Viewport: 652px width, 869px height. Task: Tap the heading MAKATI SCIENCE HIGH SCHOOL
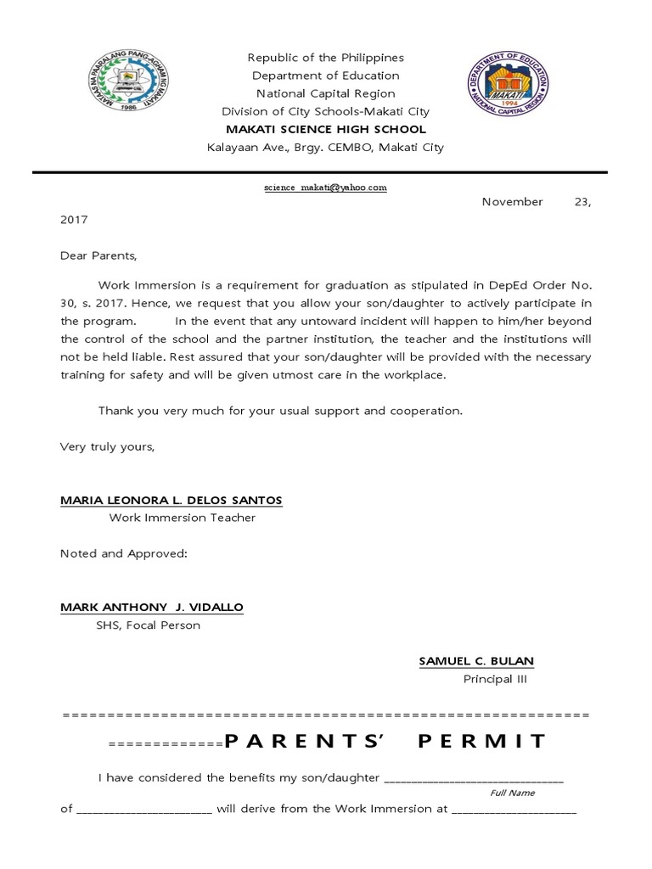[x=325, y=129]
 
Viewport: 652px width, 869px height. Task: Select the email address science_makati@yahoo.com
[x=325, y=188]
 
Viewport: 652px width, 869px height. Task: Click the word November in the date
[x=512, y=202]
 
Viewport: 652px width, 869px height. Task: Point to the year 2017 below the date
[x=74, y=219]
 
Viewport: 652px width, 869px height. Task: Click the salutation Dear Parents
[x=98, y=255]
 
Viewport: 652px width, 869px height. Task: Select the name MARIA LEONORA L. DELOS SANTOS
[x=171, y=500]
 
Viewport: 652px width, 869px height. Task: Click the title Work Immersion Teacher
[x=182, y=518]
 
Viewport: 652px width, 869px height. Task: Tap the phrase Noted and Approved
[x=123, y=553]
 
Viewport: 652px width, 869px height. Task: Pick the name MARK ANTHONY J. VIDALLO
[x=151, y=608]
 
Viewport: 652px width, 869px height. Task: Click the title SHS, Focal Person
[x=148, y=625]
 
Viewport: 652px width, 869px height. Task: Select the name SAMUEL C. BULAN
[x=476, y=661]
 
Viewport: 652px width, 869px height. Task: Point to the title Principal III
[x=488, y=679]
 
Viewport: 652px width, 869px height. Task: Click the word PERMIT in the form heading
[x=483, y=741]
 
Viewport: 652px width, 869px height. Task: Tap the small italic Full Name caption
[x=512, y=793]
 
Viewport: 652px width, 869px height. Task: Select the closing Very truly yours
[x=107, y=446]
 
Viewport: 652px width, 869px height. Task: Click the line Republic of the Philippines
[x=325, y=58]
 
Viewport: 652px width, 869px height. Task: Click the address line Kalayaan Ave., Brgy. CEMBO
[x=325, y=147]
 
